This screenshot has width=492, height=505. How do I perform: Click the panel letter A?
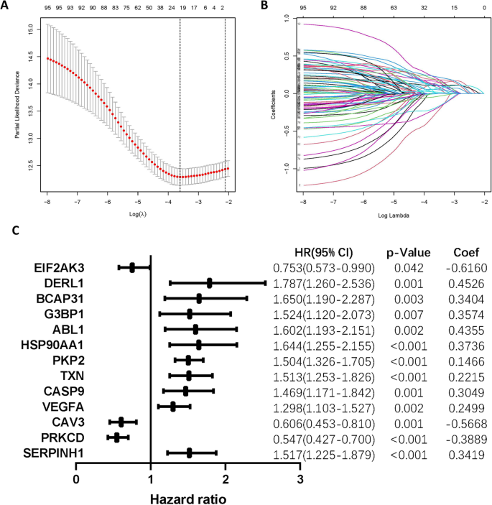(6, 6)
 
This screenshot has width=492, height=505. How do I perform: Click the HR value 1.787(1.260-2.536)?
(325, 284)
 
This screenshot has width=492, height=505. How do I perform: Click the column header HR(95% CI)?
(325, 252)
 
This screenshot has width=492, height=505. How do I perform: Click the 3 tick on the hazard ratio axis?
(300, 478)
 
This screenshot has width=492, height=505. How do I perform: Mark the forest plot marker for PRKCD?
(117, 437)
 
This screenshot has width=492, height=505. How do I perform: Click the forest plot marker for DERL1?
(209, 283)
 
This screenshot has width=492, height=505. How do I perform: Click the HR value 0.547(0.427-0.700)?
(325, 437)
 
